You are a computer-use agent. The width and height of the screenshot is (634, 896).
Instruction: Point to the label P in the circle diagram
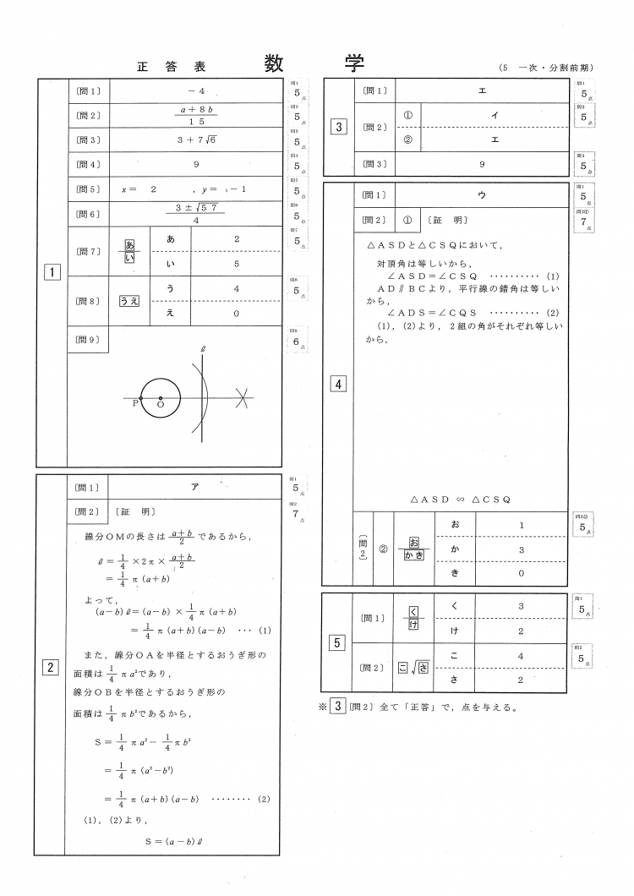point(134,405)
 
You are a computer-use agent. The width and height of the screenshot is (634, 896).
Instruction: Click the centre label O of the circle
point(161,406)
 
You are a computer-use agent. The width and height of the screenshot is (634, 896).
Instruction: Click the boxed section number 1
point(52,272)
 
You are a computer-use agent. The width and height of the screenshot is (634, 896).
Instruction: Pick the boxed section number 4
point(338,385)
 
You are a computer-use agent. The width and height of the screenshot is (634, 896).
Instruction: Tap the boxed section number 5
point(338,643)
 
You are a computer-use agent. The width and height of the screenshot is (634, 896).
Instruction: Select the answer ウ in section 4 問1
point(481,194)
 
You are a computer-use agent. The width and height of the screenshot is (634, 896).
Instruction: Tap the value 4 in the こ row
point(522,655)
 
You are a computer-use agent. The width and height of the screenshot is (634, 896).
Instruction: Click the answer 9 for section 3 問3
point(481,163)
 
